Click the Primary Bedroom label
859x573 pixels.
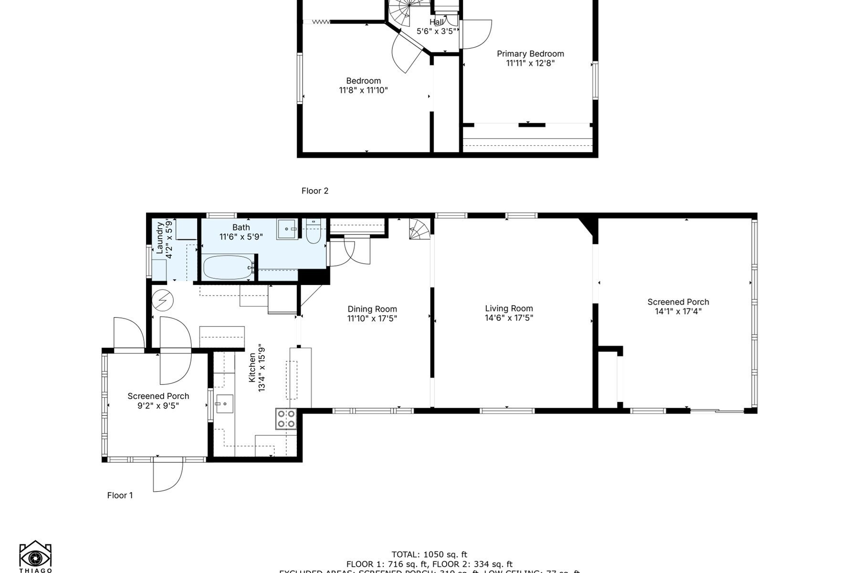(x=530, y=54)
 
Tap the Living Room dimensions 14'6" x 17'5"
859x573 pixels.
(x=509, y=318)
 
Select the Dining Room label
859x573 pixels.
(x=372, y=309)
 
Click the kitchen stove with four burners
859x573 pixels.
(x=286, y=419)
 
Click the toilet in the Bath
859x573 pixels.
(x=313, y=233)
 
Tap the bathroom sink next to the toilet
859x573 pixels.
(x=287, y=229)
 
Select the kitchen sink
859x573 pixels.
(x=224, y=404)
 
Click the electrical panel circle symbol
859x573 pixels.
(x=163, y=300)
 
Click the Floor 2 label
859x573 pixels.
(x=315, y=191)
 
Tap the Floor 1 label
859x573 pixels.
(x=120, y=496)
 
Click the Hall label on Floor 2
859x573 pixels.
(x=436, y=22)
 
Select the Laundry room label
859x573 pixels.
(x=160, y=237)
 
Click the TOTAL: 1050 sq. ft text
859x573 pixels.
(x=429, y=554)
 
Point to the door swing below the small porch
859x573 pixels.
(x=167, y=475)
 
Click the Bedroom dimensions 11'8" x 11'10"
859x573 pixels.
(x=363, y=90)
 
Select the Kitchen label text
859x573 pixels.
(x=252, y=368)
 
